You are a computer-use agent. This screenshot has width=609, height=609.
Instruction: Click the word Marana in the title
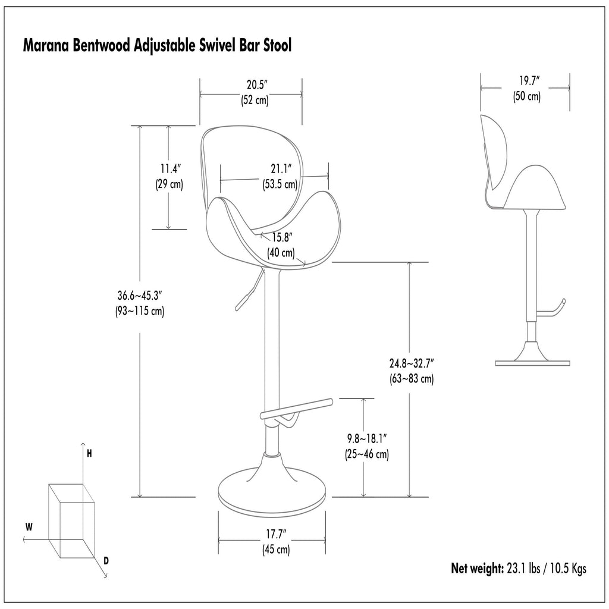point(46,45)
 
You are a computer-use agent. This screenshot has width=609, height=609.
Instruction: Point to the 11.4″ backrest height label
point(171,169)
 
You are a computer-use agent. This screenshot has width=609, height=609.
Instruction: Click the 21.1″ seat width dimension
point(281,169)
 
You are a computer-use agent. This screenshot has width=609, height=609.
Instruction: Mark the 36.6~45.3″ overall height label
point(139,296)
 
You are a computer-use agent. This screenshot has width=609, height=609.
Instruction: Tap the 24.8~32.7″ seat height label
point(412,363)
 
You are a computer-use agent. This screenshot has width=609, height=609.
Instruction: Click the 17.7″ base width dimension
point(276,534)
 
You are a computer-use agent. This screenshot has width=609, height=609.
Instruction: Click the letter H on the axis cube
point(89,454)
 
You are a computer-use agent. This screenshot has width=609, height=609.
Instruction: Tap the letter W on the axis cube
point(29,527)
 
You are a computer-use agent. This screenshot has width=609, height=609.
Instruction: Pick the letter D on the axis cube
point(106,560)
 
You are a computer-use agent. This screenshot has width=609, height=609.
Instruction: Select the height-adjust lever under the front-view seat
point(249,290)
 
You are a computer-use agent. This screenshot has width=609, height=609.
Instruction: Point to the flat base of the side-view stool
point(532,363)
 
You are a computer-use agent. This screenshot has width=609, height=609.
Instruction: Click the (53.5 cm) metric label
point(280,184)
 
